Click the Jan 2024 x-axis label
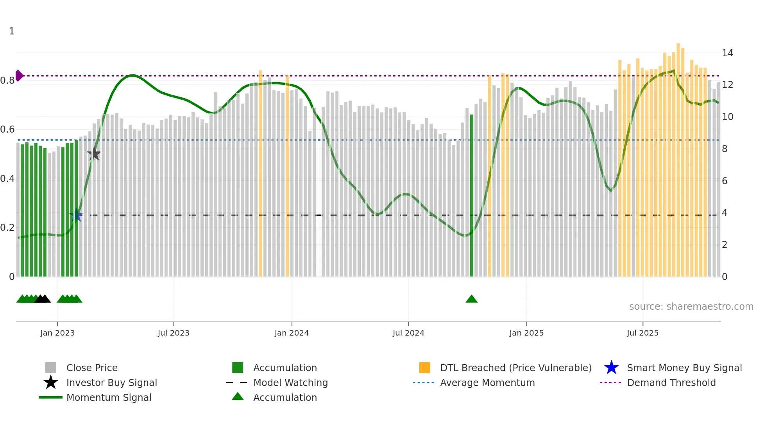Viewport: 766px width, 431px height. point(292,333)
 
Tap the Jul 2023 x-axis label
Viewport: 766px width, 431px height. point(174,333)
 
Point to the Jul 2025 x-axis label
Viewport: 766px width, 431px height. point(643,333)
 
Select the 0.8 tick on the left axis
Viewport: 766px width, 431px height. point(8,81)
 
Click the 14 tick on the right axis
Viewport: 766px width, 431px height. point(727,53)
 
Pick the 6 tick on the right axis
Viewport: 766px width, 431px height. point(725,181)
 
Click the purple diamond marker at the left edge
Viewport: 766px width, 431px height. point(19,75)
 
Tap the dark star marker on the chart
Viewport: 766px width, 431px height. point(94,154)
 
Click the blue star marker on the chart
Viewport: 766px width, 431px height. point(76,215)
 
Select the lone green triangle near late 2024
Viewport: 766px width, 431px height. point(471,299)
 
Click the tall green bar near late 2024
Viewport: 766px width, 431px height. point(471,196)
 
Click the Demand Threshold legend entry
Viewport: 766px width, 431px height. point(671,383)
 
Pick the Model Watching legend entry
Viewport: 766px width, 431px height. point(290,383)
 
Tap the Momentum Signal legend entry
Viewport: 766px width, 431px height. point(109,397)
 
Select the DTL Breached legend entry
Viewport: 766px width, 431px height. point(515,368)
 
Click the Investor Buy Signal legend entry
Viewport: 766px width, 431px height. point(111,383)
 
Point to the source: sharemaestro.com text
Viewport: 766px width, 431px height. point(691,306)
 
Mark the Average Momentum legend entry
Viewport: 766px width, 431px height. point(487,383)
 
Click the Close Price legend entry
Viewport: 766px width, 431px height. point(91,368)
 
